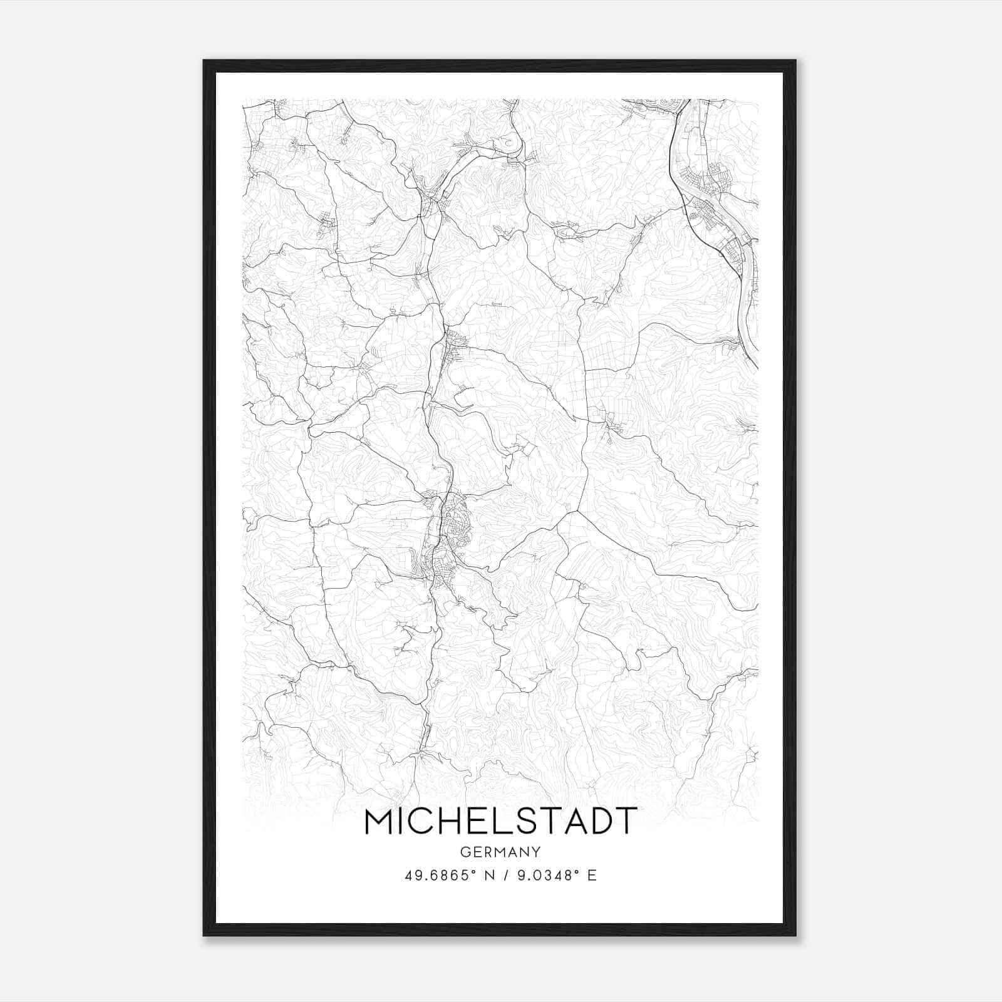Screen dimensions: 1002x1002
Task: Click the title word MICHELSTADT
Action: pyautogui.click(x=500, y=821)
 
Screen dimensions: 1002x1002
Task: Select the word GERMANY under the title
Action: pyautogui.click(x=500, y=852)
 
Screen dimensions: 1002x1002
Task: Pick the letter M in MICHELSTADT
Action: pyautogui.click(x=380, y=821)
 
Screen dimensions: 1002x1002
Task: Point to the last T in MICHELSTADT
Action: pyautogui.click(x=626, y=821)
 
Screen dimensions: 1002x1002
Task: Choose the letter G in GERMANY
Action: pyautogui.click(x=464, y=852)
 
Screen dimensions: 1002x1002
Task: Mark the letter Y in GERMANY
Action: pyautogui.click(x=536, y=852)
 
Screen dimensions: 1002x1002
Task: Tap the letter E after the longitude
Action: pyautogui.click(x=592, y=875)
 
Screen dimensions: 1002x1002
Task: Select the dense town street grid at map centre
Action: pyautogui.click(x=452, y=526)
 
